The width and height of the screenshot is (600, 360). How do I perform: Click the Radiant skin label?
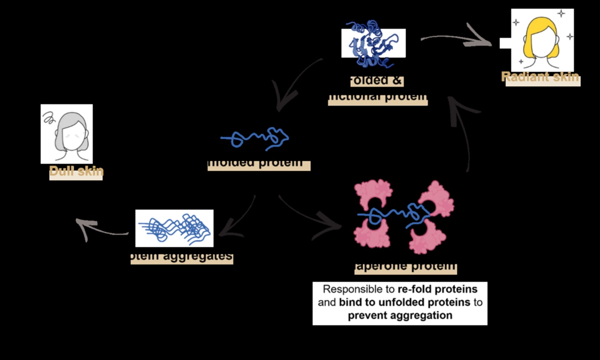pyautogui.click(x=540, y=77)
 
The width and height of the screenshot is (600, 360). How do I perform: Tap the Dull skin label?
pyautogui.click(x=76, y=172)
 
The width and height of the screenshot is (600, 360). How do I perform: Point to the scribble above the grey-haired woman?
pyautogui.click(x=49, y=117)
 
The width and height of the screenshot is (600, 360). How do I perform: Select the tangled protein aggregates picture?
pyautogui.click(x=174, y=229)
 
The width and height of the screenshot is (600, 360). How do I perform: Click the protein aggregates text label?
pyautogui.click(x=182, y=257)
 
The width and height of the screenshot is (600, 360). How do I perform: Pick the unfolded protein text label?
pyautogui.click(x=259, y=163)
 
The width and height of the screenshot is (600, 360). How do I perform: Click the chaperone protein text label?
pyautogui.click(x=405, y=266)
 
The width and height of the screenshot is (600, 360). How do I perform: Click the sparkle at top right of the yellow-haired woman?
pyautogui.click(x=561, y=14)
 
